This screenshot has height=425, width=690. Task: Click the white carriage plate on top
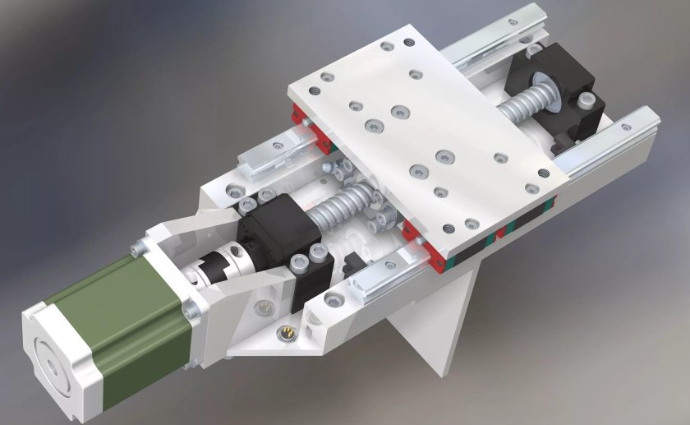(x=427, y=132)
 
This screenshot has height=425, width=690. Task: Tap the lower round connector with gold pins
(x=288, y=333)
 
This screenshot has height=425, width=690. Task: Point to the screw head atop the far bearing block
(x=586, y=100)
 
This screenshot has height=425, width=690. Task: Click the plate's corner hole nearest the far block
(x=543, y=173)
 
